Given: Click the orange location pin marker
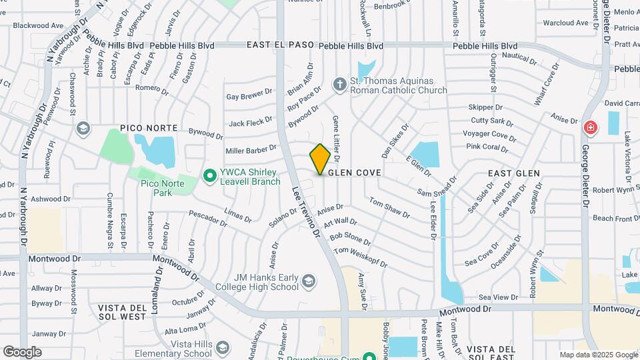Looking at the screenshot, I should [320, 159].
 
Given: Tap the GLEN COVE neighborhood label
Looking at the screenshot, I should [353, 173].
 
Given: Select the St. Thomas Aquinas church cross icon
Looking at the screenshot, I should [339, 85].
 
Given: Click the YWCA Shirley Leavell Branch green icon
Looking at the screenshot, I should [209, 176].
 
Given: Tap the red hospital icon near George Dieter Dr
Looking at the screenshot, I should [590, 127].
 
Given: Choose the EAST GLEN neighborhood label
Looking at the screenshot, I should [513, 173].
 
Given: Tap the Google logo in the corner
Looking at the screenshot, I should [22, 352].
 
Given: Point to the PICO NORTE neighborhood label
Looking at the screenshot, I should [149, 127].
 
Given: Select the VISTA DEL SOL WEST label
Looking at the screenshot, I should [122, 312].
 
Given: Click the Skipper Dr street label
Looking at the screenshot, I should [485, 107].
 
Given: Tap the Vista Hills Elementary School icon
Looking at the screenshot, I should [222, 348].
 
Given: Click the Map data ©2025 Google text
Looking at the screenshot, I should [597, 355].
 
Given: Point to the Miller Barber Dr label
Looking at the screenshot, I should [251, 149].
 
